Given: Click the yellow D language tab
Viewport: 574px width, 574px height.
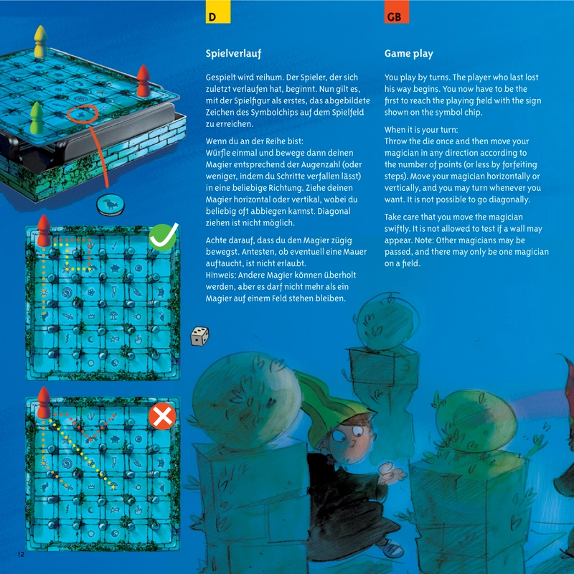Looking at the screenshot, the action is [x=218, y=11].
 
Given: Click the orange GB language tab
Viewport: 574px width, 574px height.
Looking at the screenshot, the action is [x=397, y=11].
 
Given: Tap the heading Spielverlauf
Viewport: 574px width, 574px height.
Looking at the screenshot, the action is [x=234, y=54].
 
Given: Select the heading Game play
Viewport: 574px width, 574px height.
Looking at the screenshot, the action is [x=409, y=54].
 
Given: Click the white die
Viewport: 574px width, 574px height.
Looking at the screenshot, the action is [x=200, y=336].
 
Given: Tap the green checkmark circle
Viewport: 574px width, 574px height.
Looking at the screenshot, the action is [x=163, y=237].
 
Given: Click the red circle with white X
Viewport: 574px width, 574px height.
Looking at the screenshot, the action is [x=163, y=416].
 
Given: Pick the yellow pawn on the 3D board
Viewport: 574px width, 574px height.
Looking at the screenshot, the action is [x=41, y=42].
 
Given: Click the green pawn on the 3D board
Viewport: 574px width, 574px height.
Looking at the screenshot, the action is [x=37, y=118].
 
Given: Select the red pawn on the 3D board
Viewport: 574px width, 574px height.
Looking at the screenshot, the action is [x=143, y=81].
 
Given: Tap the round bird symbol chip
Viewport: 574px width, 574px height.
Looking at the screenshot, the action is [x=110, y=204].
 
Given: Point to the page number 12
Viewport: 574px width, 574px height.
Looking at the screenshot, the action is [x=21, y=554].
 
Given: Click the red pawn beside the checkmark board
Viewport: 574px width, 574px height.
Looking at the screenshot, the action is [x=44, y=230].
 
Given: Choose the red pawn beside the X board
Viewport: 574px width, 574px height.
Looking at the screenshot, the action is [x=44, y=403].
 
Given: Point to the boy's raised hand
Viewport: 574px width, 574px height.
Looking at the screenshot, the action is [x=392, y=472].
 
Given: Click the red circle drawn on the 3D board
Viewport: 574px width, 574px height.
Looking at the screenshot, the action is [x=83, y=114].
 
